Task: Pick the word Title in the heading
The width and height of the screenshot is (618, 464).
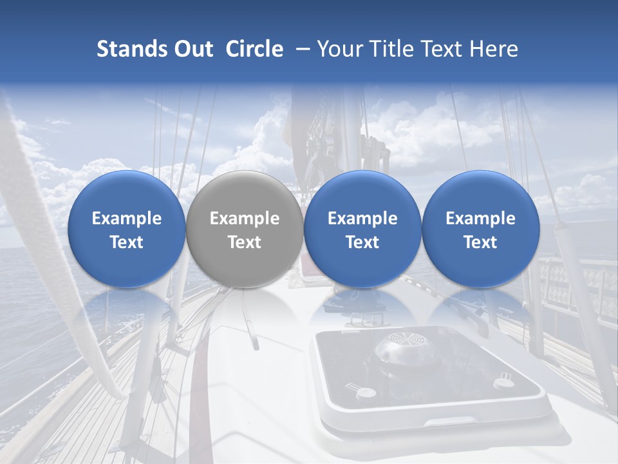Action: click(x=389, y=49)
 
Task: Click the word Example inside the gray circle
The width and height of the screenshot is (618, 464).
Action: click(x=245, y=218)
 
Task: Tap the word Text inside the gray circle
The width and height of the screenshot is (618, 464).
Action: click(x=245, y=242)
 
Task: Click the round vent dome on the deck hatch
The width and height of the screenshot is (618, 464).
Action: click(x=402, y=348)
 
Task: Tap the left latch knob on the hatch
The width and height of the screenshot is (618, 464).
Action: click(x=364, y=392)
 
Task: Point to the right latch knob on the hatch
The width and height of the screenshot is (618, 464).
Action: click(x=502, y=382)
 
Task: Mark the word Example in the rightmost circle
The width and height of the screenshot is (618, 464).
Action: click(x=480, y=218)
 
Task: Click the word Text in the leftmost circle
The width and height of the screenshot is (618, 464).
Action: click(x=127, y=242)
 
